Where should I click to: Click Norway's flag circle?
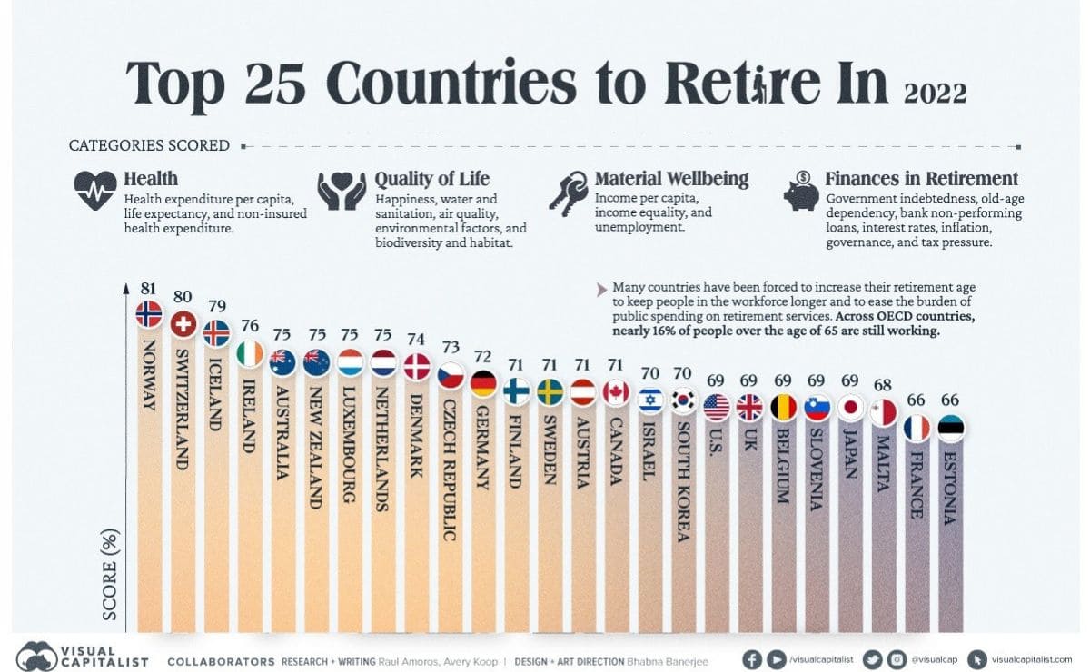coord(149,314)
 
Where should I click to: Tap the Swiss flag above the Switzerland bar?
coord(183,323)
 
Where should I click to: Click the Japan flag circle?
coord(852,407)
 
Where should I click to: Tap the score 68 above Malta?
coord(883,384)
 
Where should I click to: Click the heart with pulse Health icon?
coord(95,191)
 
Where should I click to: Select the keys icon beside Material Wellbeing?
coord(568,192)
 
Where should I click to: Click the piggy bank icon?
coord(801,191)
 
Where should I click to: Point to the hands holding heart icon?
coord(341,191)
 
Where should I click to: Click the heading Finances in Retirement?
coord(921,179)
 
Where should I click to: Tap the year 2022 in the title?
coord(936,92)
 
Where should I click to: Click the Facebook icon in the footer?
coord(751,660)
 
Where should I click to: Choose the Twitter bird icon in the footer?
coord(873,660)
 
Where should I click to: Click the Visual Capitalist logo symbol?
coord(37,656)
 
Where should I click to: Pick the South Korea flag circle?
coord(683,400)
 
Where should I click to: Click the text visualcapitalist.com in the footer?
coord(1031,660)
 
